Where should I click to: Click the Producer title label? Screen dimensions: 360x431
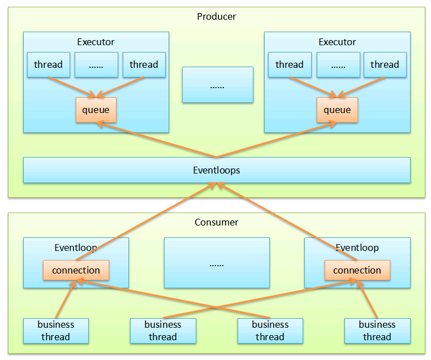216,16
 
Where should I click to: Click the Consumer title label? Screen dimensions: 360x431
216,222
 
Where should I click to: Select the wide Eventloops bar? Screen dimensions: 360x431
217,170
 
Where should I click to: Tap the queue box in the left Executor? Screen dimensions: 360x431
96,110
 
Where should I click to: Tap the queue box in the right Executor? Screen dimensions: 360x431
337,110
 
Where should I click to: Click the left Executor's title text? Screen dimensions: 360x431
96,42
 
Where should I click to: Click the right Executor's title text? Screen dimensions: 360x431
337,42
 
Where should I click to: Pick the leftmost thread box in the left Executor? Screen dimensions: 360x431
49,64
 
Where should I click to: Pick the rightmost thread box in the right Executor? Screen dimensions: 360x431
385,64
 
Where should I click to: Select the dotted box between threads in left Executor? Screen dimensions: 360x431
96,64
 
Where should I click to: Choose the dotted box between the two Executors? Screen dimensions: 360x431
217,85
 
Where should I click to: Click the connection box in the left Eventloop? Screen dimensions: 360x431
76,270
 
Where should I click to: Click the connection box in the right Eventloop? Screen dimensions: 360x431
357,270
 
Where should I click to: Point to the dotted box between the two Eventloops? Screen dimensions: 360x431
217,263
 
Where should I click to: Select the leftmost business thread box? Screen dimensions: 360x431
56,331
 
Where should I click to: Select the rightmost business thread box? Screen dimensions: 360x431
377,331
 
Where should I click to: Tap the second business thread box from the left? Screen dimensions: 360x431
163,331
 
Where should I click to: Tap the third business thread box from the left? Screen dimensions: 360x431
270,331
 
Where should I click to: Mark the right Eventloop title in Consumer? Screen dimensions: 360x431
357,248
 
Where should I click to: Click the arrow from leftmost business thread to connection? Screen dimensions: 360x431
64,300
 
